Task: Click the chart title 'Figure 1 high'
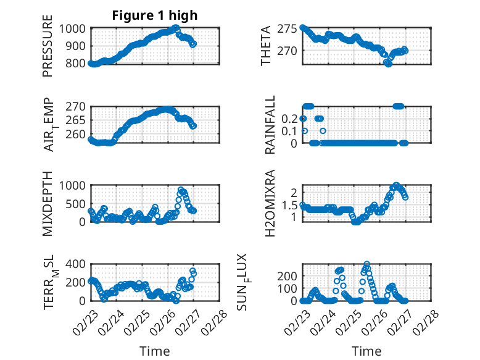pos(155,15)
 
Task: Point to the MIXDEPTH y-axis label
pos(48,203)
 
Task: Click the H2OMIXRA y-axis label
pos(270,203)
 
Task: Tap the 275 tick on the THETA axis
pos(288,28)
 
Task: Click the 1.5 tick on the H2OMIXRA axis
pos(290,205)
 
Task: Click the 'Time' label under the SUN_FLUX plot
pos(366,351)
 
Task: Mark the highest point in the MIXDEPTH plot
pos(181,190)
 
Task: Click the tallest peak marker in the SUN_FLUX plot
pos(366,264)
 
